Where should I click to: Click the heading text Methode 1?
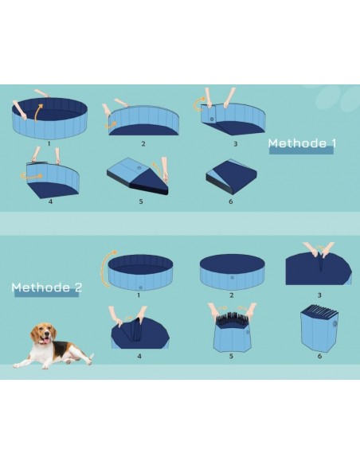coord(302,143)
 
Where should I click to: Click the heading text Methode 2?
coord(46,287)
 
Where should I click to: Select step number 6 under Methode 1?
coord(231,201)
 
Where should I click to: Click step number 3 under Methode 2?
coord(319,295)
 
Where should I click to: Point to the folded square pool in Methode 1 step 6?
coord(231,177)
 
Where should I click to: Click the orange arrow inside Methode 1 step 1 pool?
coord(38,112)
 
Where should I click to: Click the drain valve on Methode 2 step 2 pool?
coord(232,278)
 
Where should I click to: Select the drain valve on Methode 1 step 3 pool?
coord(212,119)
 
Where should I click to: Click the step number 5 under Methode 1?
coord(141,201)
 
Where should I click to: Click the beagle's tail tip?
coord(92,355)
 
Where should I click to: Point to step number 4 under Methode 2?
coord(139,356)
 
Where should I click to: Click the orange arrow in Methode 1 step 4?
coord(31,176)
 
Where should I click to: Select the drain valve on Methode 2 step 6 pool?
coord(335,323)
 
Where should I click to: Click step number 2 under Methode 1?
coord(143,143)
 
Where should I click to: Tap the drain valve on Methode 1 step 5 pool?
coord(139,168)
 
